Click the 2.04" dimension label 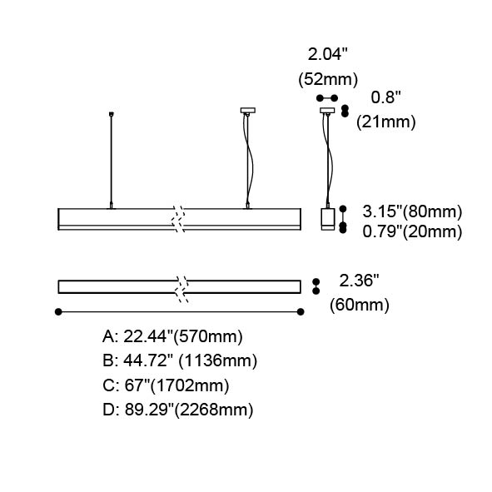327,54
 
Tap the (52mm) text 328,79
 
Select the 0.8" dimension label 386,97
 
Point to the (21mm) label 386,122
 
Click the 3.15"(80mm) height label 412,211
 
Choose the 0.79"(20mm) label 412,231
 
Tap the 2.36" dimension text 359,281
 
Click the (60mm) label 360,305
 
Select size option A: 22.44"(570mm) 172,336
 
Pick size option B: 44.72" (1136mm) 180,360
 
